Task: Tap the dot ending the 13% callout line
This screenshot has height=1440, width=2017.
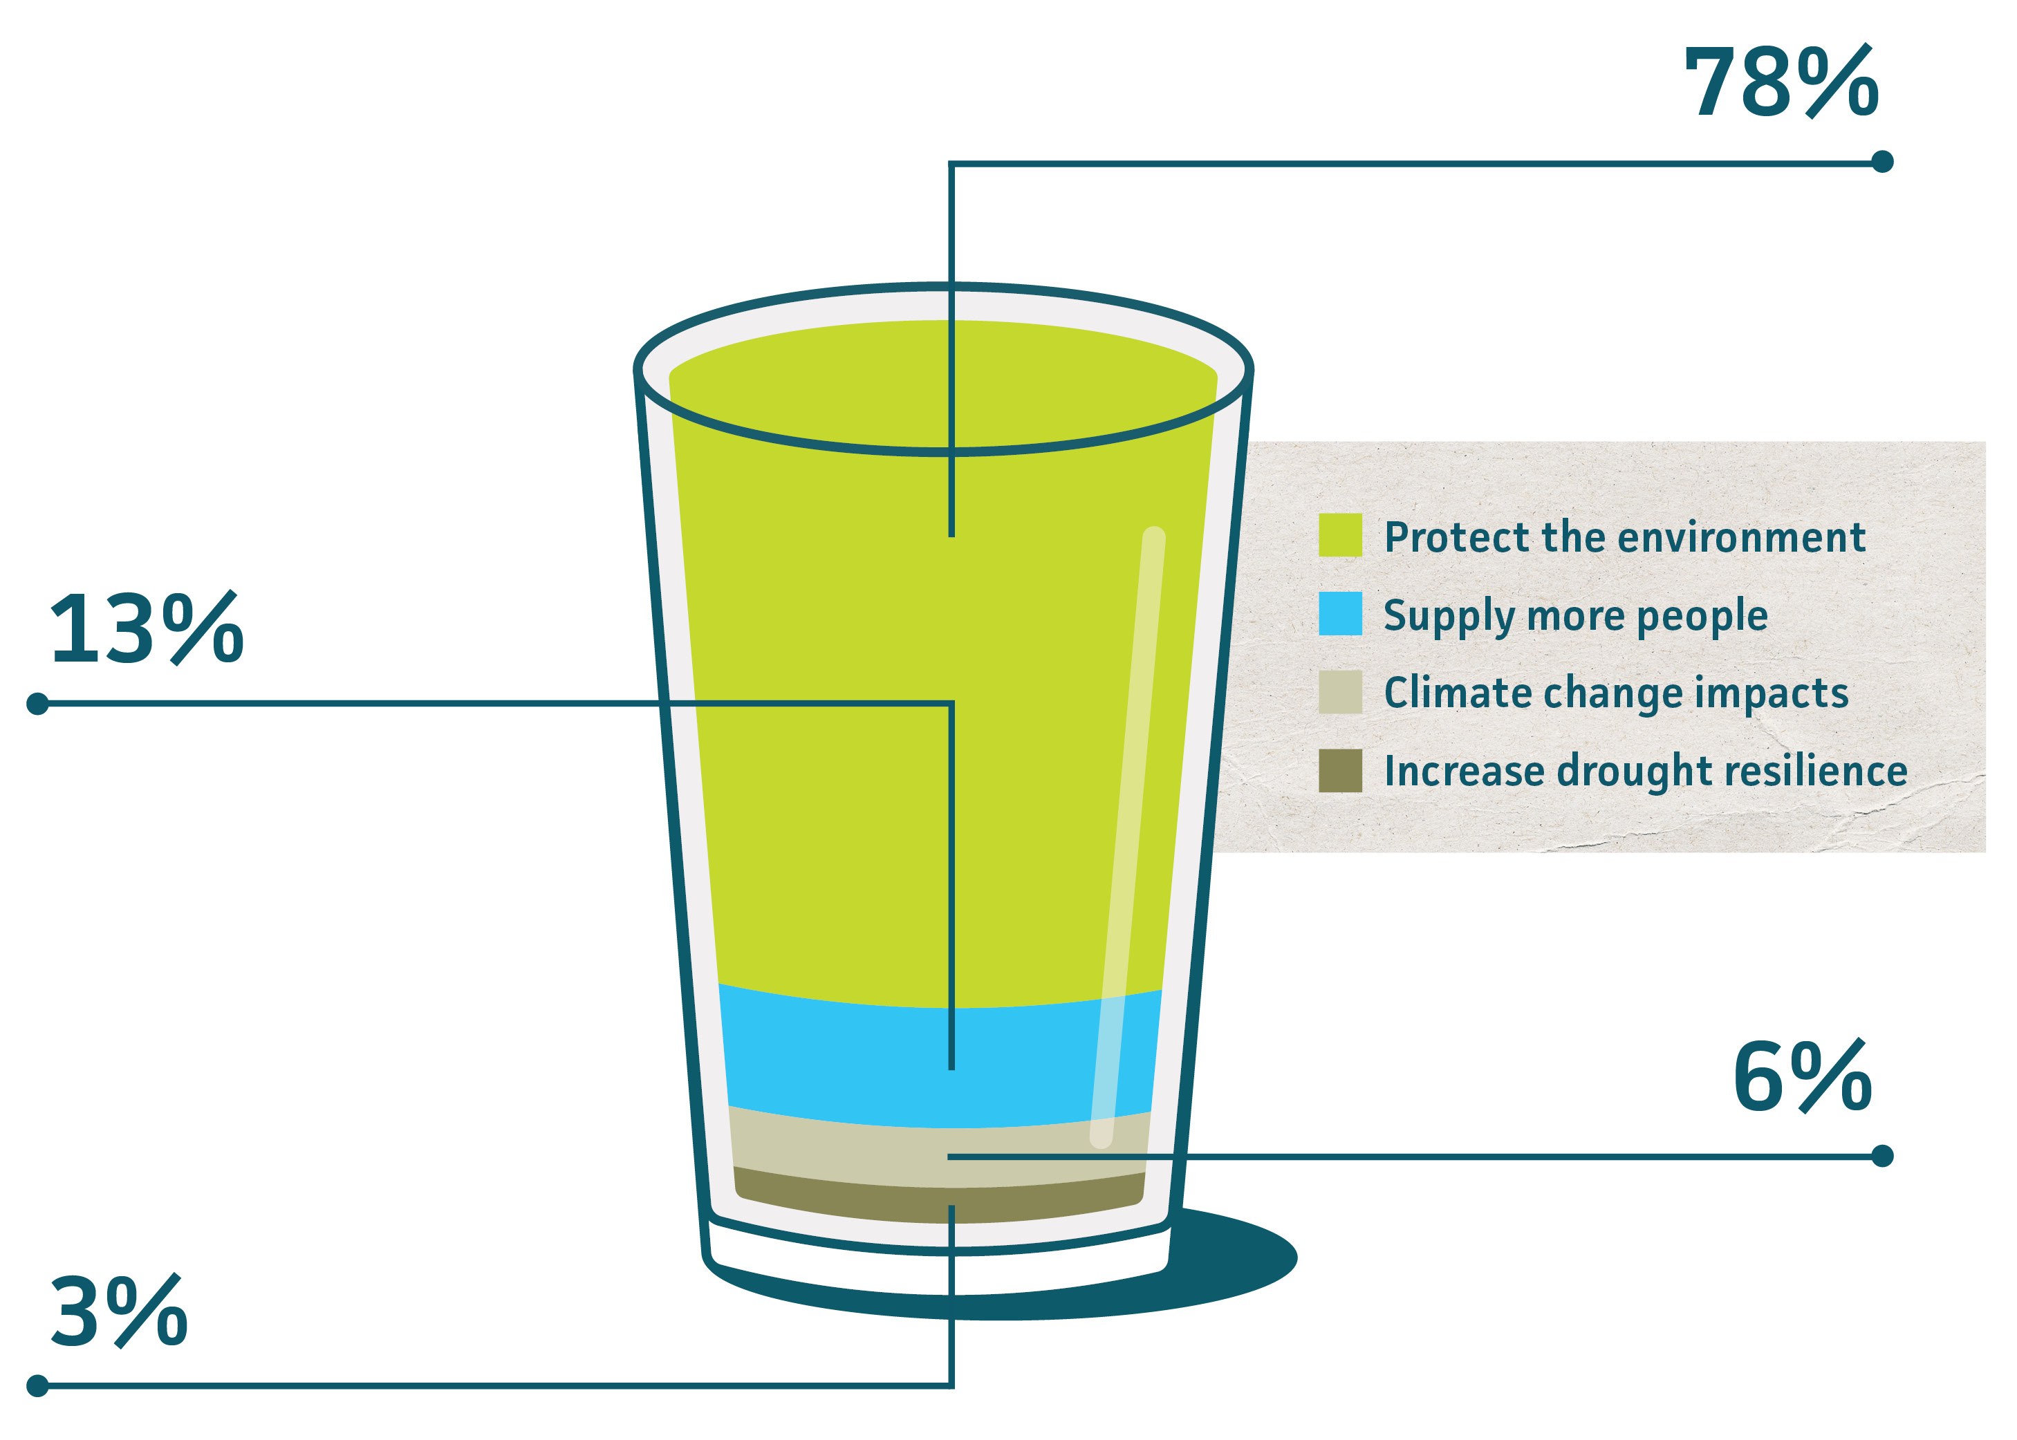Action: pyautogui.click(x=37, y=704)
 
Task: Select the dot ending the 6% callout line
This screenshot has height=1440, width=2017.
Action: pyautogui.click(x=1882, y=1157)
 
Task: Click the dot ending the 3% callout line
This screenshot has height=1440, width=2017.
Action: pyautogui.click(x=37, y=1385)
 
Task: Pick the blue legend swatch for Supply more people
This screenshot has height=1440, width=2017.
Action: pyautogui.click(x=1339, y=614)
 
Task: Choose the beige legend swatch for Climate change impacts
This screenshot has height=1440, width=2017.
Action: pyautogui.click(x=1339, y=691)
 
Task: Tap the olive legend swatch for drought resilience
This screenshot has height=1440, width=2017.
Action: pyautogui.click(x=1339, y=769)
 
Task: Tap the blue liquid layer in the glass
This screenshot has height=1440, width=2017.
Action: pyautogui.click(x=843, y=1064)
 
